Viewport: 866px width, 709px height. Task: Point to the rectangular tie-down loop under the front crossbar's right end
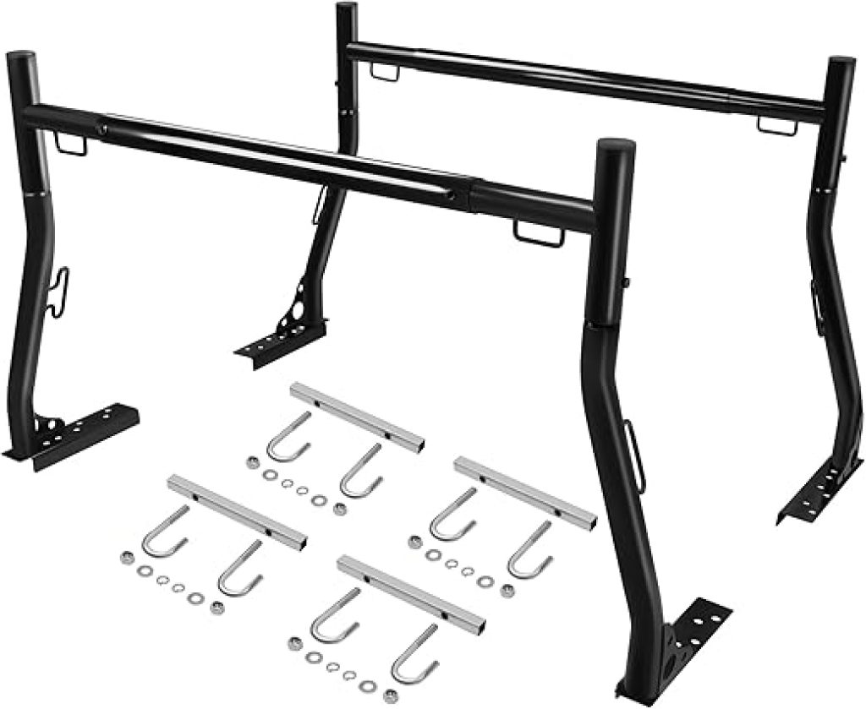click(x=538, y=233)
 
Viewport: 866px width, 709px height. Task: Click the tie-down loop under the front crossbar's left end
click(x=72, y=145)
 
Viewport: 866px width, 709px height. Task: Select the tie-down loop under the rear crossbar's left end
click(x=386, y=74)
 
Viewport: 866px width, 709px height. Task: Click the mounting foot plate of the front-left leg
click(x=80, y=431)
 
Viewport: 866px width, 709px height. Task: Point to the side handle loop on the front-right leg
click(x=633, y=439)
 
